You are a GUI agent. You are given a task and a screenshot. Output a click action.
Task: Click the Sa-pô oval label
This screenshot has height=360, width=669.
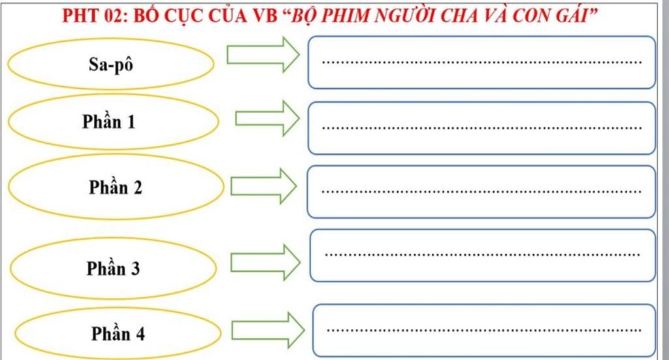[x=111, y=63]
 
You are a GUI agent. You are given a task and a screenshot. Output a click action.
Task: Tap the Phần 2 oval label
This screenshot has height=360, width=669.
[x=116, y=188]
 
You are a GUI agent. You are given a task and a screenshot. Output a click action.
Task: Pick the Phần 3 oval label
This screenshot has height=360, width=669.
[x=113, y=268]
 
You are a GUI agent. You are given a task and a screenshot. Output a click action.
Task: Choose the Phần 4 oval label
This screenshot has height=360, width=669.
[x=118, y=334]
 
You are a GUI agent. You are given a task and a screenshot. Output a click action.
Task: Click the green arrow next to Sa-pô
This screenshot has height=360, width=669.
[x=262, y=54]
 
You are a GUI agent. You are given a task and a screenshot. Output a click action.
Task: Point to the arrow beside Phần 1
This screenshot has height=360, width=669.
[x=267, y=118]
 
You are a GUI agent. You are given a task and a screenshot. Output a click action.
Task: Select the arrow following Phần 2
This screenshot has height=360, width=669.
[x=263, y=186]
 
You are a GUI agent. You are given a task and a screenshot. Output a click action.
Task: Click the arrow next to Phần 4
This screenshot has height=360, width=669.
[x=268, y=330]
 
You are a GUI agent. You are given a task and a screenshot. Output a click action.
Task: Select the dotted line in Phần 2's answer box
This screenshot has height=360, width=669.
[x=482, y=192]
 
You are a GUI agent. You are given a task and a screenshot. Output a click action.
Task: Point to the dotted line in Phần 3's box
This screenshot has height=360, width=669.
[x=482, y=255]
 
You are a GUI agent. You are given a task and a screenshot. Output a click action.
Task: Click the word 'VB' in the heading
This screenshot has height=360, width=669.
[x=265, y=15]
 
